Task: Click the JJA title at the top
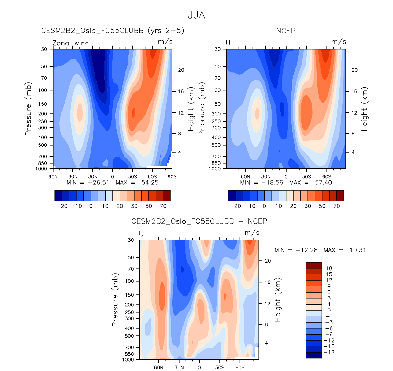[196, 15]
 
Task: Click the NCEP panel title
[286, 31]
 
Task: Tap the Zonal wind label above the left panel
[71, 43]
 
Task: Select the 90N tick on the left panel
[53, 177]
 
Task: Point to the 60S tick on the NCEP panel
[327, 177]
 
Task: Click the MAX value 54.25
[150, 183]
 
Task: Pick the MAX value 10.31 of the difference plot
[358, 250]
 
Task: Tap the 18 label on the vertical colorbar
[329, 268]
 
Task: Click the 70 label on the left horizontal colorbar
[163, 206]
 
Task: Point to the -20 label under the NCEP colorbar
[235, 206]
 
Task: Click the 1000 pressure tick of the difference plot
[128, 360]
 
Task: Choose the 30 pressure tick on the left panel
[44, 49]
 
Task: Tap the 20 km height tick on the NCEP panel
[354, 70]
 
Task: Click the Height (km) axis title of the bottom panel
[278, 300]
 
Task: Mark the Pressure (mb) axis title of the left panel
[28, 109]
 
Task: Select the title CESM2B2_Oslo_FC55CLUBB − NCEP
[199, 221]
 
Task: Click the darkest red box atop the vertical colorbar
[313, 265]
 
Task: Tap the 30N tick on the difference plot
[179, 368]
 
